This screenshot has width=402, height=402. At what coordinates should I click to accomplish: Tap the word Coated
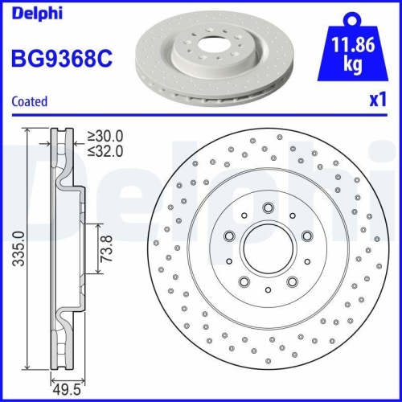[29, 101]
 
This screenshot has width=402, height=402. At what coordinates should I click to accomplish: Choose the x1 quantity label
[377, 101]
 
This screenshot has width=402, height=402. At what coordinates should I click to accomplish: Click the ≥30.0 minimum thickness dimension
[105, 136]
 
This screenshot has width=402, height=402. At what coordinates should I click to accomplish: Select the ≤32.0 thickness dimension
[105, 150]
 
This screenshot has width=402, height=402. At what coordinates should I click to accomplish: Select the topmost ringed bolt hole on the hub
[268, 208]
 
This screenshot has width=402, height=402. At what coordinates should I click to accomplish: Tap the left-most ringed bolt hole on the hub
[230, 236]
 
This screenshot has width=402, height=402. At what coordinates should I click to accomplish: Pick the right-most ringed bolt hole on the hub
[306, 236]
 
